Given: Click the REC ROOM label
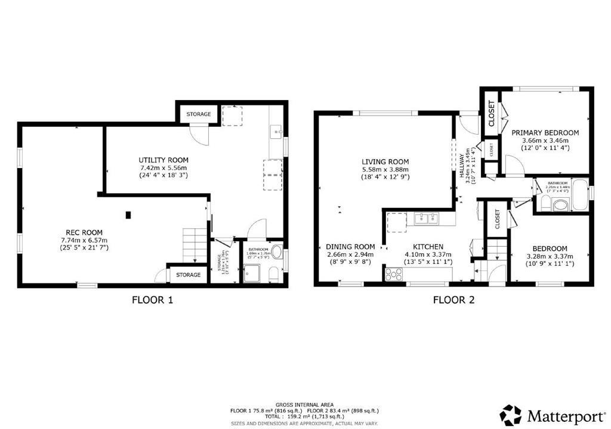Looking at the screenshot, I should tap(84, 232).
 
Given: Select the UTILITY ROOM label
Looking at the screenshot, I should tap(163, 160).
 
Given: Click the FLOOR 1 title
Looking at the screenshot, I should tap(152, 300).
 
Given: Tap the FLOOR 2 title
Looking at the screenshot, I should tap(453, 300).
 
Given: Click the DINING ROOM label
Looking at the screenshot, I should tap(350, 247).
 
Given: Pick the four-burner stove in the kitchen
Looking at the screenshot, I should tap(393, 274).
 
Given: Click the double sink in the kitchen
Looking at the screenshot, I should tap(427, 219).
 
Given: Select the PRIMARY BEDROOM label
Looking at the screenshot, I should tap(545, 132).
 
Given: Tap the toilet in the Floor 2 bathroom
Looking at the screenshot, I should tap(560, 206).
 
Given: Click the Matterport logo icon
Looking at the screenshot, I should tap(511, 415).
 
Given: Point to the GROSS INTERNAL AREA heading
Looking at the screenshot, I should tap(305, 404).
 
